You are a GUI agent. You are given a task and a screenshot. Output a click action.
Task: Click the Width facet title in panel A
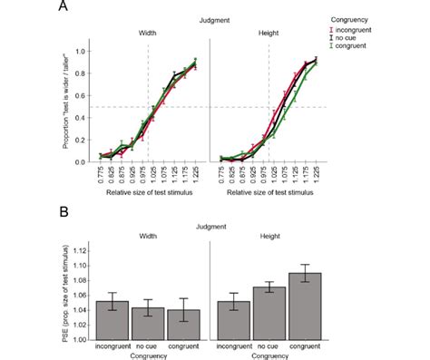coord(148,34)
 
